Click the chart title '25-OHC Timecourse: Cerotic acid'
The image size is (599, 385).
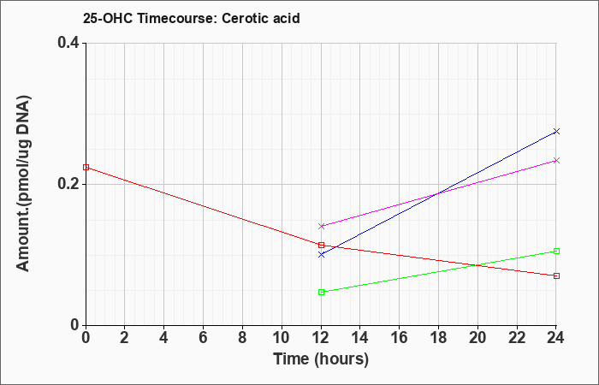tap(192, 18)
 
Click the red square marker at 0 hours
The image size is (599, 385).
tap(86, 168)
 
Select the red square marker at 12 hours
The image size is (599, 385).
tap(321, 245)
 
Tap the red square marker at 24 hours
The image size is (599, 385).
tap(556, 275)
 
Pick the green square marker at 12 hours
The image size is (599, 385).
tap(321, 293)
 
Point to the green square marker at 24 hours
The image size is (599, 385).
tap(556, 251)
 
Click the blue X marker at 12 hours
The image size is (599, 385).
tap(321, 254)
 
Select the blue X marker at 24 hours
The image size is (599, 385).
tap(556, 132)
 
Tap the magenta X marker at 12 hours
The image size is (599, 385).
tap(321, 226)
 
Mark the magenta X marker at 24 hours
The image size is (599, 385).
tap(556, 161)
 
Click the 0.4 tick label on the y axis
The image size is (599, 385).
tap(68, 43)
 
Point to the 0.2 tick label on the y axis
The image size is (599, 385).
tap(68, 184)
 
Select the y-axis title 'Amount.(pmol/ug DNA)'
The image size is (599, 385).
tap(23, 184)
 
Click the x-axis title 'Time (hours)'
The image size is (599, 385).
tap(321, 359)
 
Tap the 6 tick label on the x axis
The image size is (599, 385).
tap(204, 338)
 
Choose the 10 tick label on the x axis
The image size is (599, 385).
tap(282, 338)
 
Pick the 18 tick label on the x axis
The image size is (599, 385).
tap(438, 338)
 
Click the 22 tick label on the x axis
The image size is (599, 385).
tap(517, 338)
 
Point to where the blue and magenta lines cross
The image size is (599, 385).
tap(436, 194)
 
